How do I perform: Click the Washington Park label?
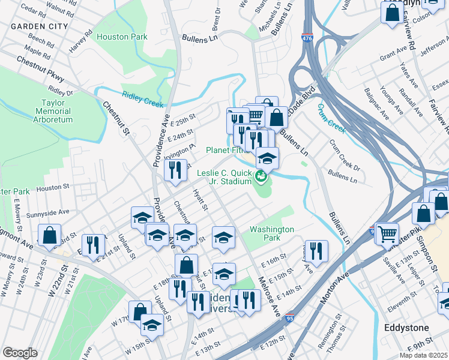272,233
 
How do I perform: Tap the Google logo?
20,353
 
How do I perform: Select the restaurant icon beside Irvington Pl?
173,170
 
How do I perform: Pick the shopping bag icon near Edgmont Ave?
49,235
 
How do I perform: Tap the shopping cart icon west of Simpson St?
388,232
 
